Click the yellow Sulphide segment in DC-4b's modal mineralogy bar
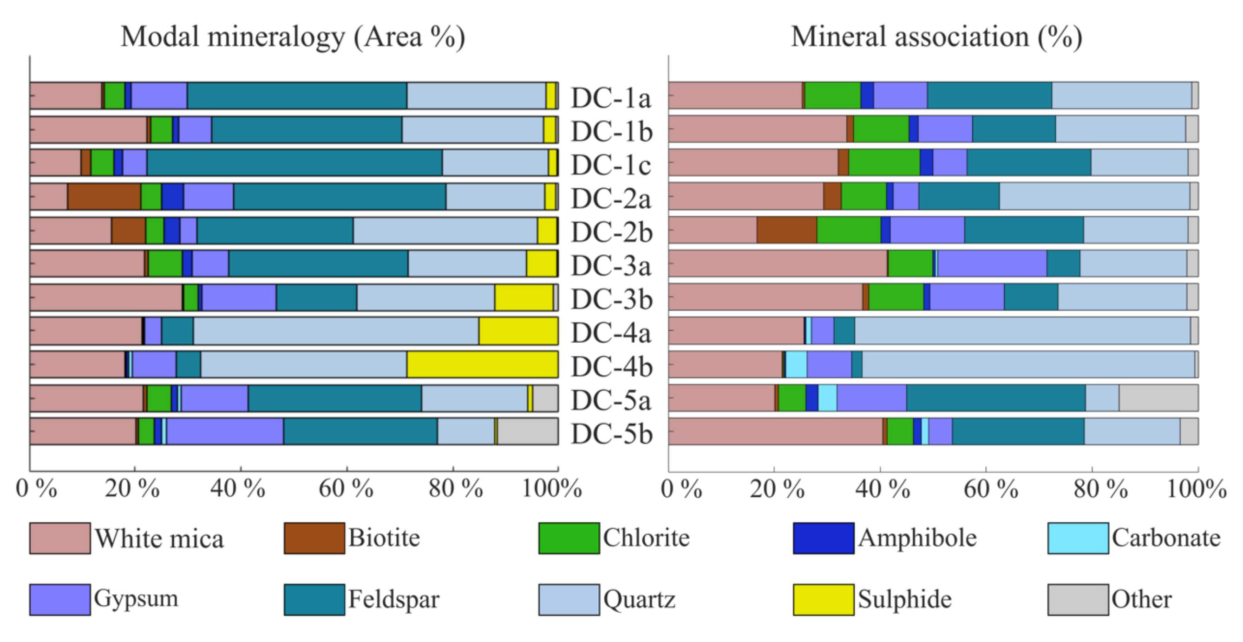[482, 365]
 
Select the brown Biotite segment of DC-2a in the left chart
[104, 197]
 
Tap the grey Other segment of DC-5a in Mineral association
[1158, 398]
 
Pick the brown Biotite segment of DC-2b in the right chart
[786, 230]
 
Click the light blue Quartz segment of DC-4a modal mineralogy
[335, 331]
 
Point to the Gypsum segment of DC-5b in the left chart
[225, 431]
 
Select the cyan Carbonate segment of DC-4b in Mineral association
[796, 365]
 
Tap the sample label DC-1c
[611, 165]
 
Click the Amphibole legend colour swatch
[823, 538]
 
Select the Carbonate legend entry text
[1166, 538]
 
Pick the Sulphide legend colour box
[823, 600]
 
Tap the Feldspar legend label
[393, 600]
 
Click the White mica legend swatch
[60, 538]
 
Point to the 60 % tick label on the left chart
[346, 489]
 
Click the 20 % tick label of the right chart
[776, 489]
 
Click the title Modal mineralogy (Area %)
[293, 37]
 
